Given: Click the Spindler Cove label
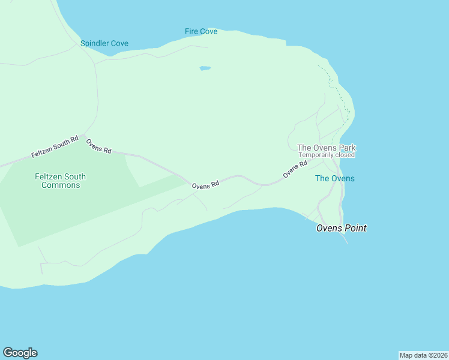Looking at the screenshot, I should [104, 44].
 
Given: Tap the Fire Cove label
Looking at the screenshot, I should [201, 31].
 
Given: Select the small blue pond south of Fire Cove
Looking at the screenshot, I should [205, 68].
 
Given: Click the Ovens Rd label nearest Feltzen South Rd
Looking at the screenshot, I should [98, 147].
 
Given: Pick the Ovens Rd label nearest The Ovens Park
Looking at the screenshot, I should [295, 169].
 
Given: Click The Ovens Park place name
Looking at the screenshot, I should [327, 148].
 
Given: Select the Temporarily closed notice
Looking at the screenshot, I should [327, 155].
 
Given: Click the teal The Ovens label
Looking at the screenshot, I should [334, 178].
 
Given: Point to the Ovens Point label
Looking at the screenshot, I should [341, 228].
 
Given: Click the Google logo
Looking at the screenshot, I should [20, 353].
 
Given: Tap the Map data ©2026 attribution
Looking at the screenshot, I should [423, 355].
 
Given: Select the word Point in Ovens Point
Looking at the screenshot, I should [354, 228].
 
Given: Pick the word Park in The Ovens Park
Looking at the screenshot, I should [346, 148].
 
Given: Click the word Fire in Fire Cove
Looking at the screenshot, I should [191, 31].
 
